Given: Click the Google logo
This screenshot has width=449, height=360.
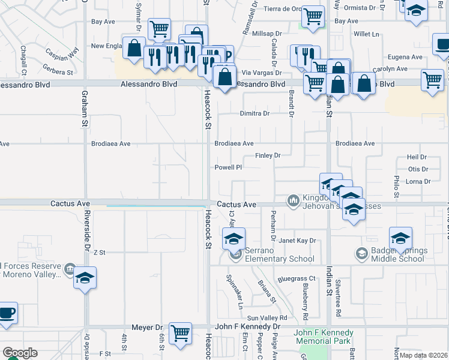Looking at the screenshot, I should point(20,352).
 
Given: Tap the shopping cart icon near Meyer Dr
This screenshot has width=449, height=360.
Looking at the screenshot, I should point(180,333).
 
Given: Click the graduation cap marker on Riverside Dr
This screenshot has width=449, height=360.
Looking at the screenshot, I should point(85,278).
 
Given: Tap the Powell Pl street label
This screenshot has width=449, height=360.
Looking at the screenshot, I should point(229,167).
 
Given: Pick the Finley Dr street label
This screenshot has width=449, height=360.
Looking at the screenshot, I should point(268,155).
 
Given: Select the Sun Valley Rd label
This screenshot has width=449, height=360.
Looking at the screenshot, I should point(267,318).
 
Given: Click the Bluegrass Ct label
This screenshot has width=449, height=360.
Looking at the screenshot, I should point(297,279).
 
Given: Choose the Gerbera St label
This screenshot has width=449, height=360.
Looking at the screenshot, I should point(58,72).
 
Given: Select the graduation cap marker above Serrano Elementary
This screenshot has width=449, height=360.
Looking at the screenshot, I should point(234,239).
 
